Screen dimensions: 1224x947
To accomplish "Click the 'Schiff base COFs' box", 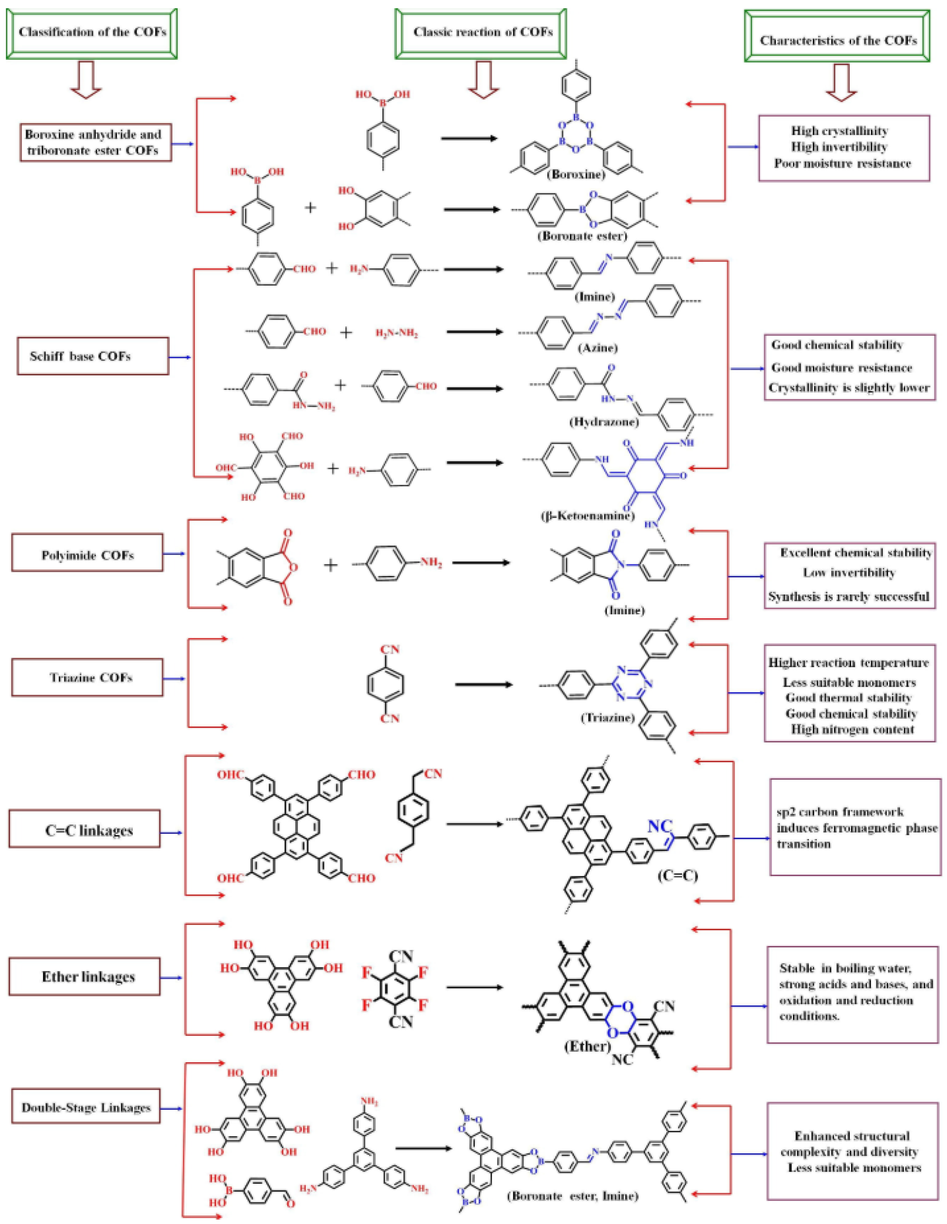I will point(93,356).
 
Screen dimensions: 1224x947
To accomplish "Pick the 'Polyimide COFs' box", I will point(88,555).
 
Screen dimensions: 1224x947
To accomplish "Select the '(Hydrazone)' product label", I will point(604,421).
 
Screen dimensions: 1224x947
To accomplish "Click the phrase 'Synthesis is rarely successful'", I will point(848,596).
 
